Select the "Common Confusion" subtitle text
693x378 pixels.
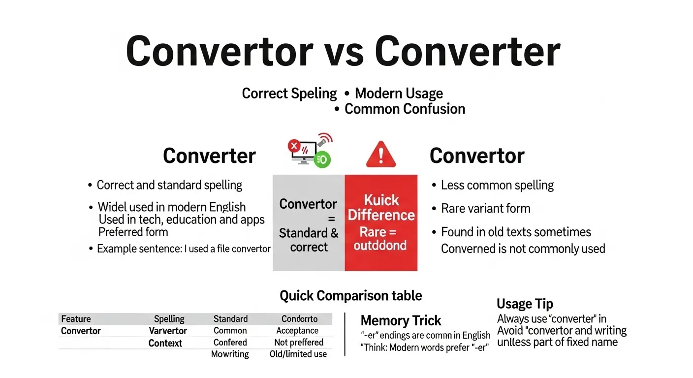pos(405,109)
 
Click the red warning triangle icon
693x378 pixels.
pos(380,154)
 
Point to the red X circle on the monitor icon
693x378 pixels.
pos(294,146)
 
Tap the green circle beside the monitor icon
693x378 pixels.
pos(323,159)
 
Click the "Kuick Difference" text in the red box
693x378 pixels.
pos(381,208)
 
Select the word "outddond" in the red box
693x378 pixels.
pos(380,245)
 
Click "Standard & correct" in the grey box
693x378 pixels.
pos(309,240)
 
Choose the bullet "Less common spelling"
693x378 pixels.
pos(497,185)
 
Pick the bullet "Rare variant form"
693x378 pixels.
pos(485,208)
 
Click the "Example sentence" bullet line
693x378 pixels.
pos(183,249)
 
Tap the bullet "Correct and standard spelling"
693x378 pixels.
pos(169,185)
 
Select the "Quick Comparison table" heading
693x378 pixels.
pos(350,296)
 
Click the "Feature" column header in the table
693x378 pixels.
pos(76,319)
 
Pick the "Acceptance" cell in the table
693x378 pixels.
pos(297,331)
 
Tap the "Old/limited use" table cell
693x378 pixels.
pos(298,354)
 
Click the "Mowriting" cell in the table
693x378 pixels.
pos(230,354)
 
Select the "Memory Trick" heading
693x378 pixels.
pos(401,321)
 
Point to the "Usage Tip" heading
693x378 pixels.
pos(525,304)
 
